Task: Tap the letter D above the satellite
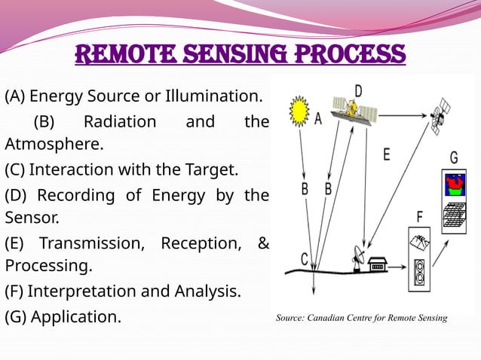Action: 359,91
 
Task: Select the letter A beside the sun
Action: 318,119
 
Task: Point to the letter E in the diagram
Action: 386,155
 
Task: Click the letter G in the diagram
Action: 454,158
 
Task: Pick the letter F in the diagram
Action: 419,217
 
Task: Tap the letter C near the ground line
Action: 305,258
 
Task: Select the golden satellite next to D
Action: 352,111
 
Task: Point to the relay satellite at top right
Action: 440,117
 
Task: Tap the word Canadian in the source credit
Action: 335,318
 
